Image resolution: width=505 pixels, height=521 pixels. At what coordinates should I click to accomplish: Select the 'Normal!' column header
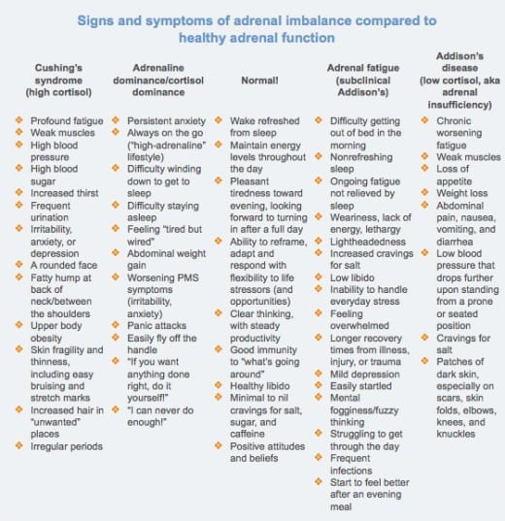(x=259, y=81)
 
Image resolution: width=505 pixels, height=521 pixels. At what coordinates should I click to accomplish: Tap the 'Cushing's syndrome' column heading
(x=58, y=74)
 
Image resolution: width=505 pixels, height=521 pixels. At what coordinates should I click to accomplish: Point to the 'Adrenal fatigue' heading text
(x=363, y=68)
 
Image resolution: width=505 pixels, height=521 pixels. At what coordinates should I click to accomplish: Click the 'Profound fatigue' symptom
(x=67, y=121)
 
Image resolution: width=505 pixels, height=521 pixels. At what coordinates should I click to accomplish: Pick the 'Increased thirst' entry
(x=64, y=193)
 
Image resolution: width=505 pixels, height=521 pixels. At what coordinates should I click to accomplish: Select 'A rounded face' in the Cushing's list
(x=64, y=265)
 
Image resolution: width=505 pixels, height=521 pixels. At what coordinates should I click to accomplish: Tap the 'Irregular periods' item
(x=67, y=446)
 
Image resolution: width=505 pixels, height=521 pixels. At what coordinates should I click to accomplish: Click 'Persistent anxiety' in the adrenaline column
(x=166, y=121)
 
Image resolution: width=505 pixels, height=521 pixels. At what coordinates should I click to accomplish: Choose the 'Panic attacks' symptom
(x=156, y=325)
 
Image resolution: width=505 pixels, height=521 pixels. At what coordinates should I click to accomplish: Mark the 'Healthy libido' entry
(x=260, y=386)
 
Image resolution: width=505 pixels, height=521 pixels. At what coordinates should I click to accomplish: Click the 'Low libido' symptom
(x=353, y=277)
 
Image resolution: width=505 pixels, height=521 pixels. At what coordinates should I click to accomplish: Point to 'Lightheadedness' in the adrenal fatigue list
(x=368, y=242)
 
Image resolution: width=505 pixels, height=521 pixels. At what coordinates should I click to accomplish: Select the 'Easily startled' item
(x=361, y=386)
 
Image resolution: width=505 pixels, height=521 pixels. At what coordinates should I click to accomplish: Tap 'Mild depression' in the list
(x=365, y=374)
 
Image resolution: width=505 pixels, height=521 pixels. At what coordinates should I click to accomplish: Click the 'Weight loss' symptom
(x=462, y=193)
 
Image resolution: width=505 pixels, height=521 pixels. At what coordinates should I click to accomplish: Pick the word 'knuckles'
(x=455, y=434)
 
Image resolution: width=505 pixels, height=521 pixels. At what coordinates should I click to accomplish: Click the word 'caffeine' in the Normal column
(x=248, y=434)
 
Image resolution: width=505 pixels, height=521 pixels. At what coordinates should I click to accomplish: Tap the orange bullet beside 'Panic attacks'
(x=116, y=325)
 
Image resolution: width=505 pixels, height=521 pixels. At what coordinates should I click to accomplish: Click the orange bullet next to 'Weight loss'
(x=424, y=192)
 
